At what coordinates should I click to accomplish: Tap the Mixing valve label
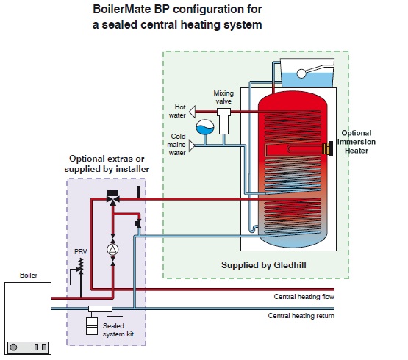(223, 97)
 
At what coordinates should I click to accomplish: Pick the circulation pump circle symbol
(112, 249)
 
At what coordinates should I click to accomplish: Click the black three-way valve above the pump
(112, 198)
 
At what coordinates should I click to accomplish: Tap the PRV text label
(81, 252)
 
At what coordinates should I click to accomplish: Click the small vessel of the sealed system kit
(92, 325)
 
